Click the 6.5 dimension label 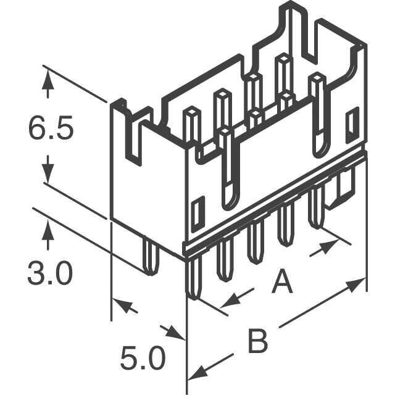(x=51, y=128)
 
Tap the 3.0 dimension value (x=50, y=273)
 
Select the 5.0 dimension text (x=143, y=358)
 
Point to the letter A (x=282, y=281)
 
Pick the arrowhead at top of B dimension (x=356, y=284)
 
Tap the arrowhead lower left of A (x=230, y=301)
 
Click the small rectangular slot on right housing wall (x=352, y=124)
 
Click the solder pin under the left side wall (x=151, y=256)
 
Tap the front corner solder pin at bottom (x=193, y=277)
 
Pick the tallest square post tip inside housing (x=281, y=57)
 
